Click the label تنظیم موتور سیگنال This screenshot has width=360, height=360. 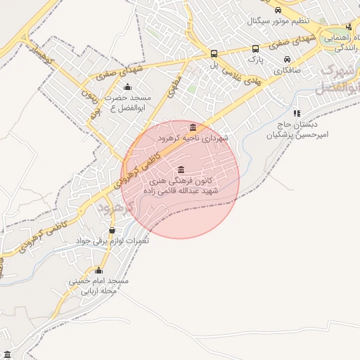pyautogui.click(x=280, y=21)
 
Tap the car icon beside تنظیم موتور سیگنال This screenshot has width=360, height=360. pyautogui.click(x=278, y=11)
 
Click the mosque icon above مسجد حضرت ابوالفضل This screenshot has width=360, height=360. pyautogui.click(x=127, y=88)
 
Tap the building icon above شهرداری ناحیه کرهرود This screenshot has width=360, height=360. pyautogui.click(x=193, y=127)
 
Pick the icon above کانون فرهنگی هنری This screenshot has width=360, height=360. pyautogui.click(x=182, y=169)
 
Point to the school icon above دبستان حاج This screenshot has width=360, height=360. pyautogui.click(x=297, y=112)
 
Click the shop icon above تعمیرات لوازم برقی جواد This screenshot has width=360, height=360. pyautogui.click(x=112, y=230)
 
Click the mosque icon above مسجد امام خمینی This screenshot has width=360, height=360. pyautogui.click(x=98, y=271)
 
